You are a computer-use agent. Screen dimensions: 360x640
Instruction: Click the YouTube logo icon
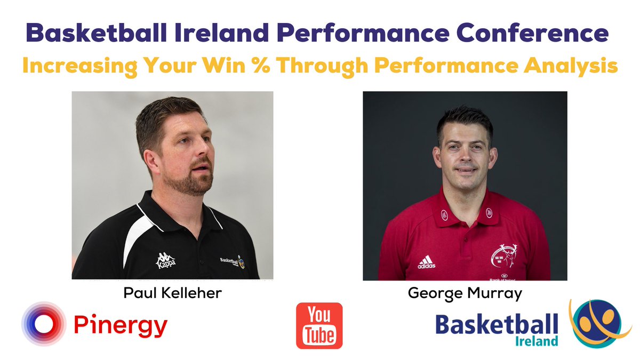[319, 325]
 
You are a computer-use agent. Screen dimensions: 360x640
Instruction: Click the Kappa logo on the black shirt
[165, 260]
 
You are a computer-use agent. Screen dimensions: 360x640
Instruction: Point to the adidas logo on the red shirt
[426, 262]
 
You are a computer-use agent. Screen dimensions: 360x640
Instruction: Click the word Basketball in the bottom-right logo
[496, 324]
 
